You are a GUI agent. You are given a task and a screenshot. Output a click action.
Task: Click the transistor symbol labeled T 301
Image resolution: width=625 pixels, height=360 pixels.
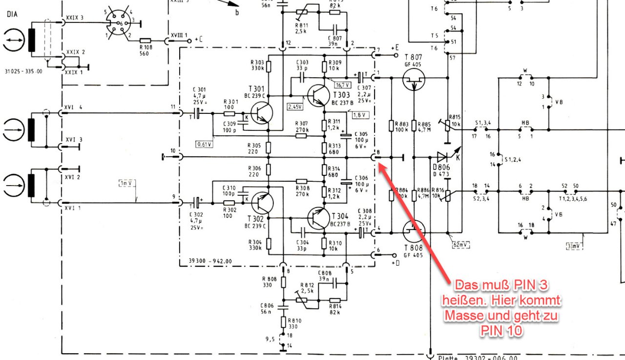[263, 114]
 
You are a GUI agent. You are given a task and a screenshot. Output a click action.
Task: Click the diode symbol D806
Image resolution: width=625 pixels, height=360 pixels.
[442, 157]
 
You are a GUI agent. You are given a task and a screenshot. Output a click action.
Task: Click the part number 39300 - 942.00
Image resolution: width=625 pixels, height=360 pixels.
[210, 261]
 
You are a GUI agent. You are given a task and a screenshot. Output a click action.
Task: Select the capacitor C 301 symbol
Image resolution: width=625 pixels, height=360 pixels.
[199, 113]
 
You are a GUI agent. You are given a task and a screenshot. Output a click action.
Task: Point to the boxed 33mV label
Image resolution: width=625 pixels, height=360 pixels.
[573, 246]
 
